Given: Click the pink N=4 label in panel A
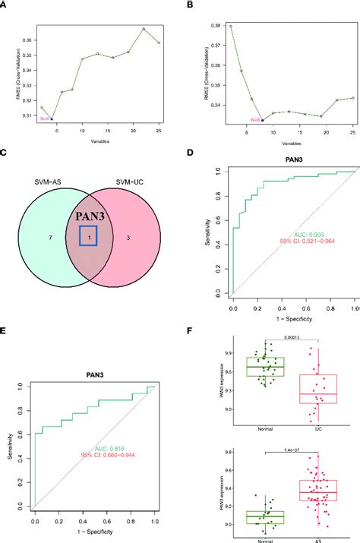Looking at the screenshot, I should coord(44,118).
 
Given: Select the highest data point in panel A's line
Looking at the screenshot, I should coord(144,29).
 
